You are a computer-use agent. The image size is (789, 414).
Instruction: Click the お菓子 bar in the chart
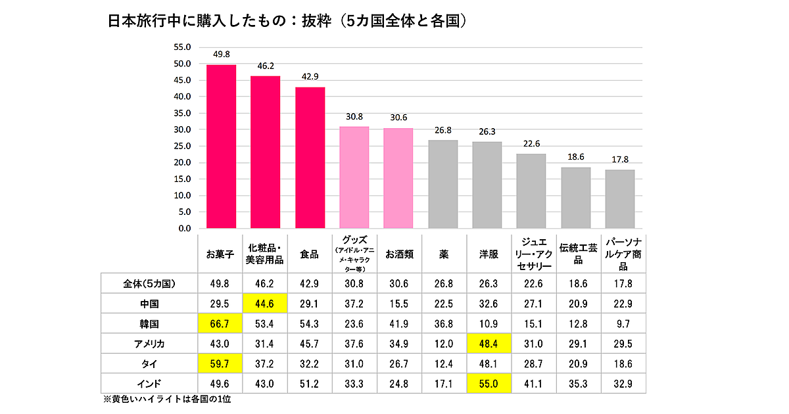pyautogui.click(x=222, y=147)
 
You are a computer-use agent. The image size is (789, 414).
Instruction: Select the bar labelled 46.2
pyautogui.click(x=266, y=152)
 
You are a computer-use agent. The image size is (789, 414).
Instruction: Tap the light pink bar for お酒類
pyautogui.click(x=398, y=178)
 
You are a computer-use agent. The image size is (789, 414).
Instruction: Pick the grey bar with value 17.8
pyautogui.click(x=619, y=199)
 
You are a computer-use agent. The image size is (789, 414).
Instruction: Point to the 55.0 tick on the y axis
pyautogui.click(x=181, y=47)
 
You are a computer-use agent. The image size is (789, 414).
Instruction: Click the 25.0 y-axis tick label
pyautogui.click(x=181, y=146)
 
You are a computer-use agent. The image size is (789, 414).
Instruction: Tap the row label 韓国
pyautogui.click(x=149, y=325)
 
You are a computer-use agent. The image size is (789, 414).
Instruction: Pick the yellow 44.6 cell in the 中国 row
pyautogui.click(x=265, y=304)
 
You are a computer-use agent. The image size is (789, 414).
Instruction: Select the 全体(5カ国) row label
pyautogui.click(x=149, y=284)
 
